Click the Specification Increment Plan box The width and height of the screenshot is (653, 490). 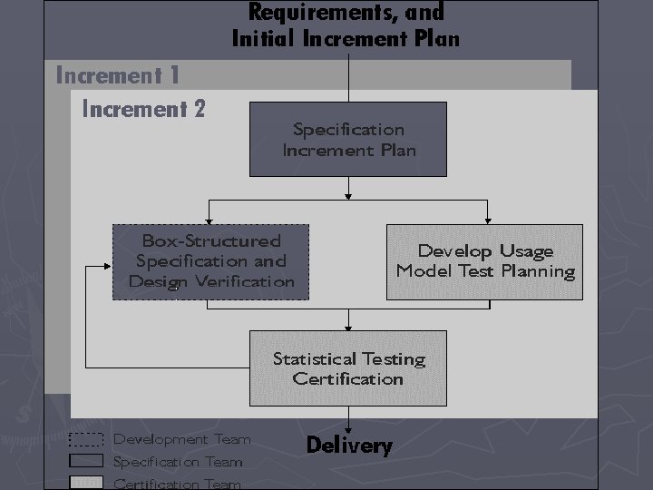(x=348, y=139)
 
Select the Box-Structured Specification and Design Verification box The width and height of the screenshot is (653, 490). (x=210, y=261)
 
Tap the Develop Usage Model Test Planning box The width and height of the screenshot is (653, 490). (x=485, y=261)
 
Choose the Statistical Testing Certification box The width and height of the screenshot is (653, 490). (x=348, y=367)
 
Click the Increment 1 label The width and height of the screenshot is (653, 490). (x=118, y=74)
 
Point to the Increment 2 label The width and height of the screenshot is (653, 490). (x=144, y=110)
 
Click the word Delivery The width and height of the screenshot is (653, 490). (x=349, y=446)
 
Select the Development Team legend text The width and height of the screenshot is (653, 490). (x=181, y=440)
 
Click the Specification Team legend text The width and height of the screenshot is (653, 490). (x=178, y=462)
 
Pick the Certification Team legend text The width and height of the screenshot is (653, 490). (x=177, y=484)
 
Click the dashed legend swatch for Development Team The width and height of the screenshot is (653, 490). (x=86, y=441)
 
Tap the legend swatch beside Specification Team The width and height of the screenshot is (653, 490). (x=86, y=462)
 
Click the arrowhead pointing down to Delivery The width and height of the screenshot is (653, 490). (x=349, y=426)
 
